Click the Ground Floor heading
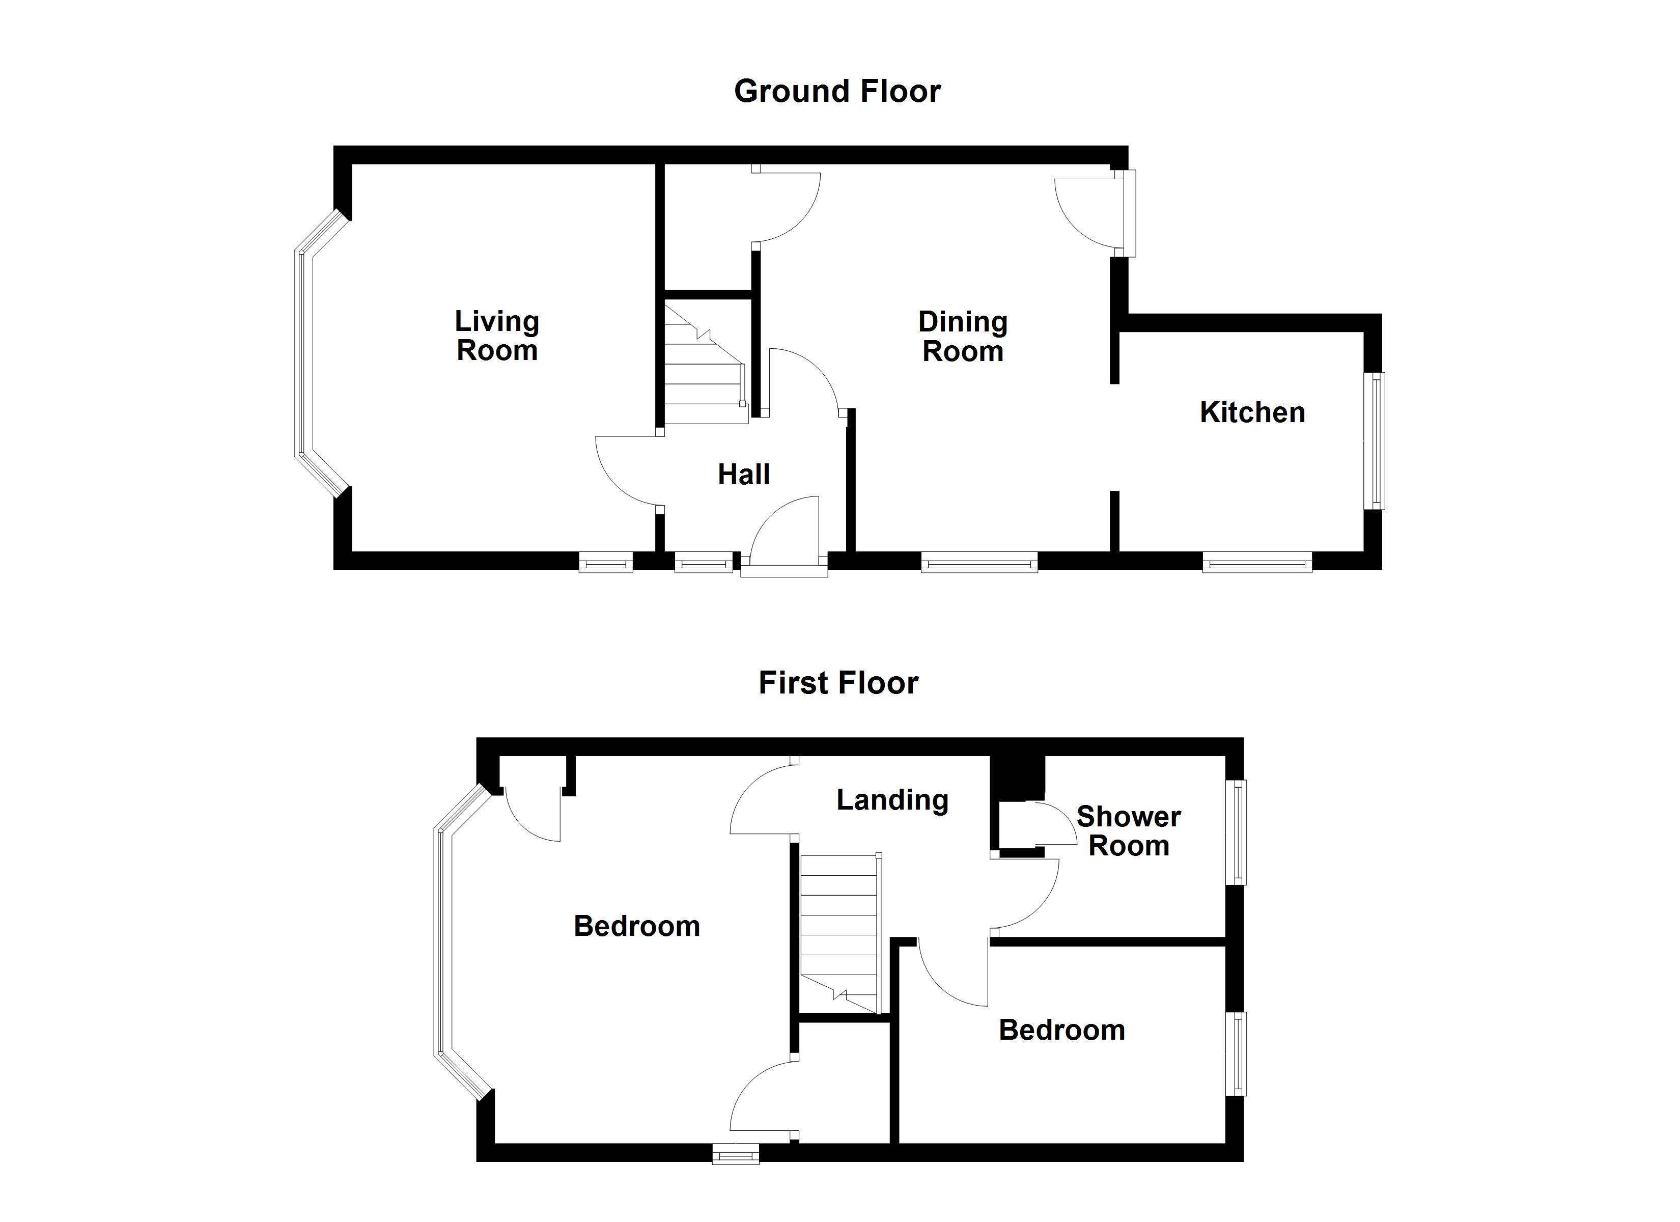tap(837, 91)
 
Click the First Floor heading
tap(838, 682)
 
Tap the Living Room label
tap(496, 336)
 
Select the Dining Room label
tap(962, 337)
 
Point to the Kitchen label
tap(1252, 413)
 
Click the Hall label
tap(744, 474)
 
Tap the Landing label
tap(892, 800)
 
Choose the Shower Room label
tap(1128, 831)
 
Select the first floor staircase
tap(839, 934)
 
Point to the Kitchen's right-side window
tap(1376, 440)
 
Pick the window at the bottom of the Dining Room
tap(979, 565)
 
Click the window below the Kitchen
tap(1257, 565)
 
